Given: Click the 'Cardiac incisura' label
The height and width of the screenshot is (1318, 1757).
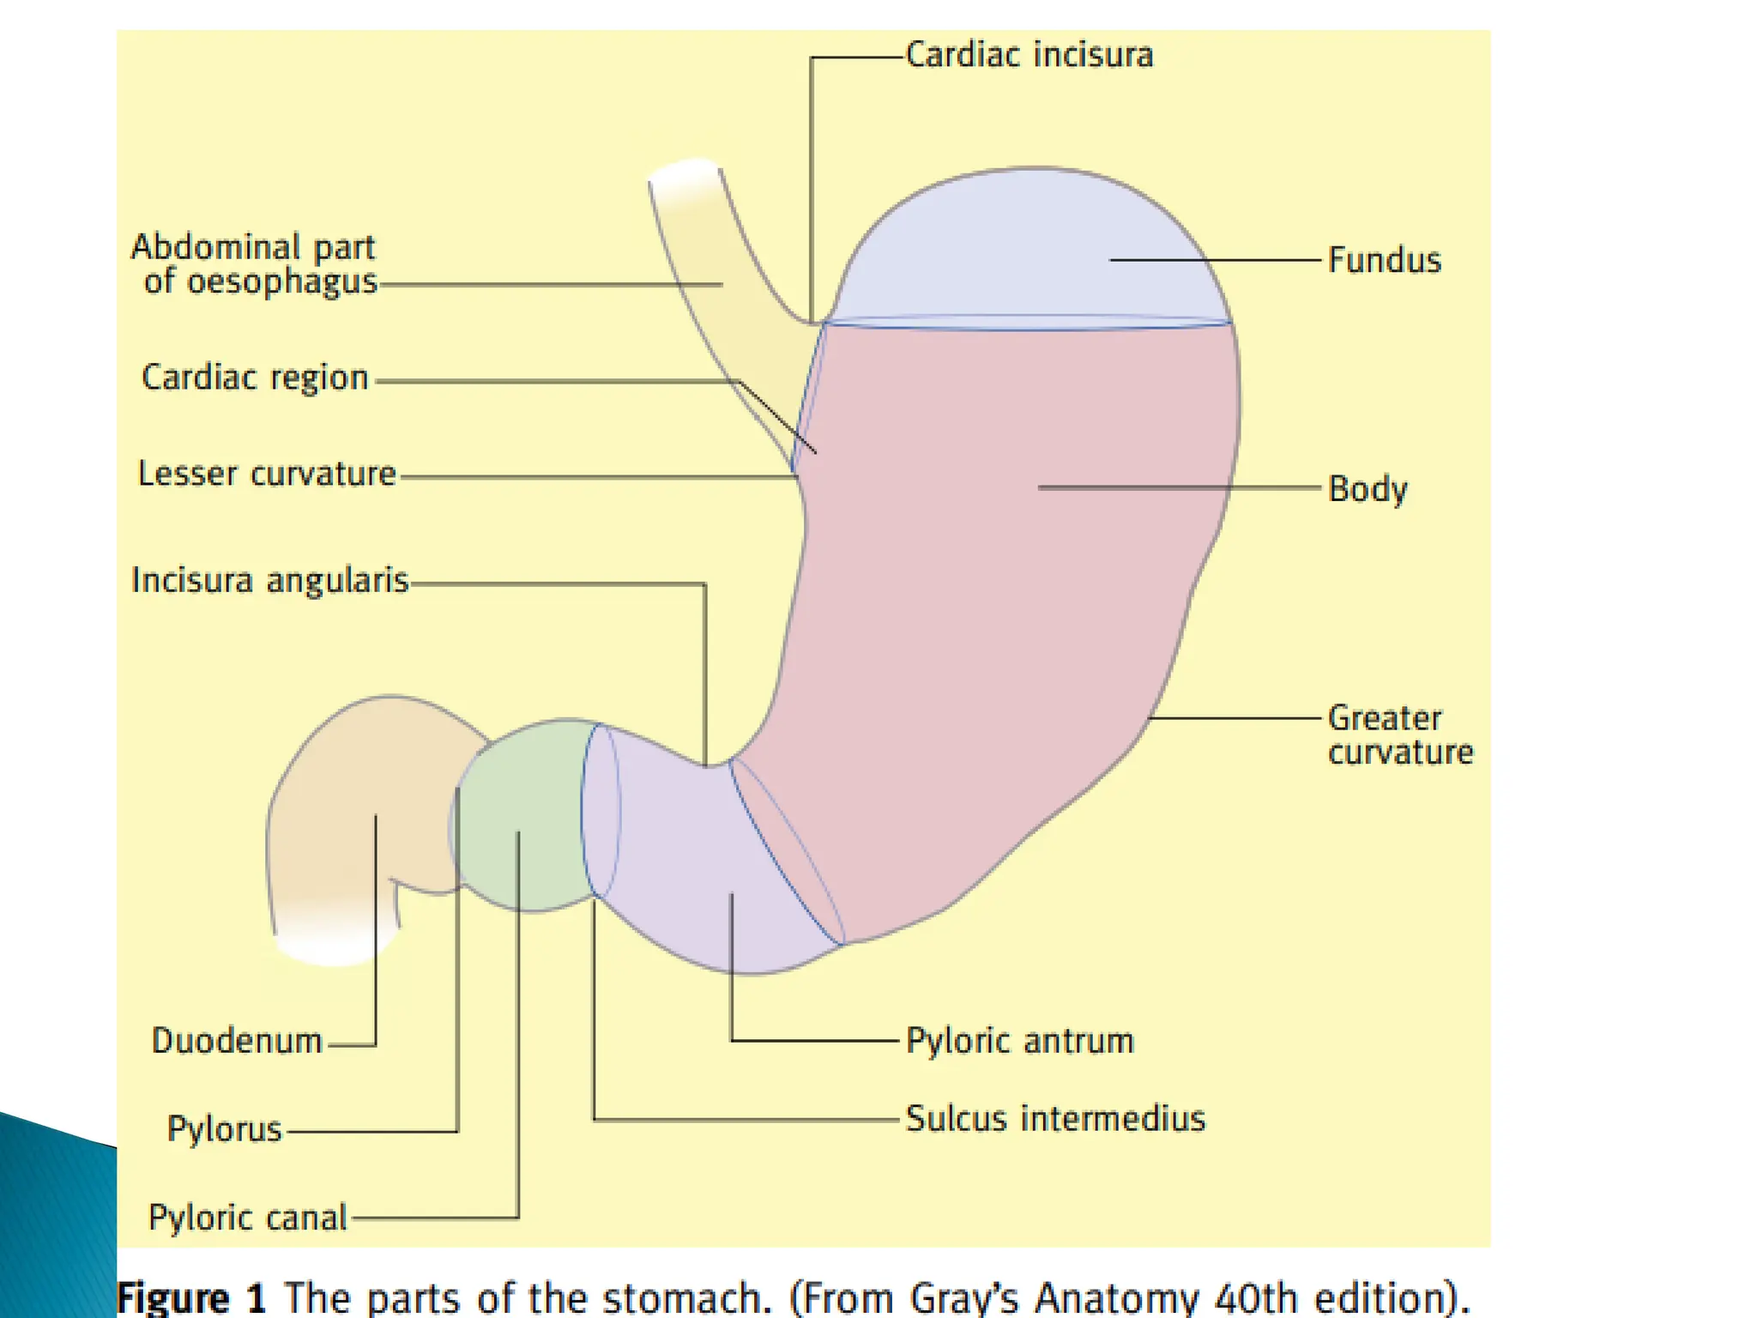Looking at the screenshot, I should (1029, 55).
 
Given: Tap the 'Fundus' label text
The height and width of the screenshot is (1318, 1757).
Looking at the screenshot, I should (1384, 260).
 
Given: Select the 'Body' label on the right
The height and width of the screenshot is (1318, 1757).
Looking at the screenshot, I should (1368, 489).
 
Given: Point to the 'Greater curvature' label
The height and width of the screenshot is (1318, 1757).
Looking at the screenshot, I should (1399, 735).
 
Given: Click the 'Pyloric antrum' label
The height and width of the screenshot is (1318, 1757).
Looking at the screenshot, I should (1020, 1041).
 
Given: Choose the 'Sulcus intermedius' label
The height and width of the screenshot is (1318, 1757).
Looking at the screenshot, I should (1055, 1119).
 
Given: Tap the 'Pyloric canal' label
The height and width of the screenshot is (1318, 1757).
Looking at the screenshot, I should (247, 1218).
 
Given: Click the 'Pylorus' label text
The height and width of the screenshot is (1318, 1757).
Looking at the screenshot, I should (224, 1129).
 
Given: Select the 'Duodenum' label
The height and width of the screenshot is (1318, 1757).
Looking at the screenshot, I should (237, 1041).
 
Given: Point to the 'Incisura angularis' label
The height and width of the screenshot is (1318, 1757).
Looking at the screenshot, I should (269, 581).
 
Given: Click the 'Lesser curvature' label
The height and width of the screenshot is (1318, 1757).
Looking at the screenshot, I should (267, 474).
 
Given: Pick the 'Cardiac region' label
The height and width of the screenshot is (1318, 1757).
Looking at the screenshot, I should (255, 378).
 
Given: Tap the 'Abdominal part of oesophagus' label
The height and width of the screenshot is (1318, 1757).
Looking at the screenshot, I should (255, 264).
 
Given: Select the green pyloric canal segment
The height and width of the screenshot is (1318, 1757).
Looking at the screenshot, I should (523, 815).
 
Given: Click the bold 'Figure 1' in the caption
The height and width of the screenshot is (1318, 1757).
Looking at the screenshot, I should (191, 1297).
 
